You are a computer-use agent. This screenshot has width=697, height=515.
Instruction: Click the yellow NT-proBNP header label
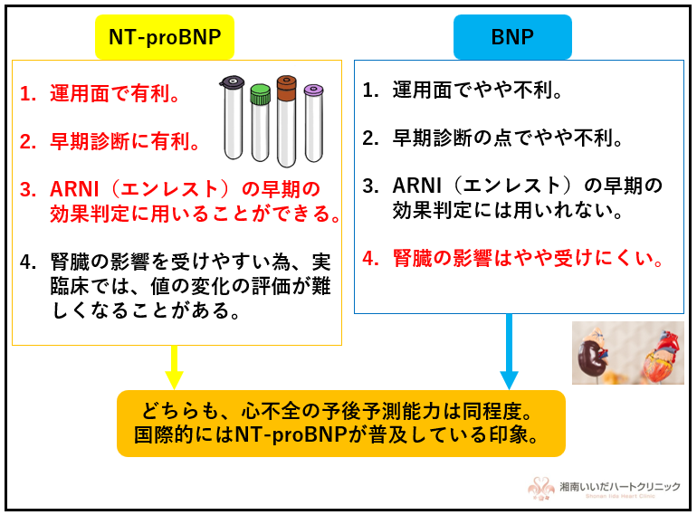(165, 37)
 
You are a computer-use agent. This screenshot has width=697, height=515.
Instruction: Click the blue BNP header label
(512, 37)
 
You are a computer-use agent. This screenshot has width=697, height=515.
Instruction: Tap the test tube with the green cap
(260, 122)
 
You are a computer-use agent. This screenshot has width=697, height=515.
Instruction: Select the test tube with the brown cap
(286, 121)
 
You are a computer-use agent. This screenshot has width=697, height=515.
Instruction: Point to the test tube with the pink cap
(314, 123)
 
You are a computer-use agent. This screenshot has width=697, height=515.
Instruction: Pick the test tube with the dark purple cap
(233, 118)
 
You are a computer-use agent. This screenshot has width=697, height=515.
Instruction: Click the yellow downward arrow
(174, 367)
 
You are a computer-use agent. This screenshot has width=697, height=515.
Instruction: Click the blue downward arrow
(509, 351)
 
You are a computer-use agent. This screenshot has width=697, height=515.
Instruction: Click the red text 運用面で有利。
(115, 94)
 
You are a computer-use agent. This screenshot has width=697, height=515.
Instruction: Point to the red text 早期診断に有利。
(125, 142)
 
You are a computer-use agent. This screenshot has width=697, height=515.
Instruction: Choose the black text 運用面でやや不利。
(478, 91)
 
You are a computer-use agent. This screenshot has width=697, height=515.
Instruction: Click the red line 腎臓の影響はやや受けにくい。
(528, 258)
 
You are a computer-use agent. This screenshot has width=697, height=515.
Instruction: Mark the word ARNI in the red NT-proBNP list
(74, 190)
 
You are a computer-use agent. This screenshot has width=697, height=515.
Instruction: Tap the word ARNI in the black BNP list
(417, 186)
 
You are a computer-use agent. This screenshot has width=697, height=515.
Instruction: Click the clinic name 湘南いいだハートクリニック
(620, 487)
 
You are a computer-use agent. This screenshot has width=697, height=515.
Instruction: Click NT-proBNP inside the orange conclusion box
(291, 434)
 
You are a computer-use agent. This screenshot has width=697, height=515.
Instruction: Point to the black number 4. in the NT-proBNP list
(28, 262)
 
